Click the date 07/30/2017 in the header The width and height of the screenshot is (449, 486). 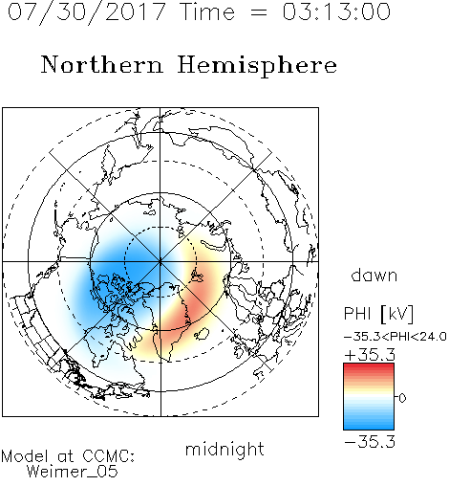(x=87, y=12)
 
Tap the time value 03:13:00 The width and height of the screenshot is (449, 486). (x=336, y=11)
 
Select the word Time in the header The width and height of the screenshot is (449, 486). (x=207, y=11)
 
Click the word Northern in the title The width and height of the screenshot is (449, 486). (x=102, y=64)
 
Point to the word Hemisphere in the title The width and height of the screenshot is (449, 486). (x=257, y=66)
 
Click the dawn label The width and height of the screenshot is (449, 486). (x=374, y=275)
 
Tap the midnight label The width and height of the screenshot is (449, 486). (x=224, y=449)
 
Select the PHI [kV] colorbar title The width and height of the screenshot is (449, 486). (x=378, y=314)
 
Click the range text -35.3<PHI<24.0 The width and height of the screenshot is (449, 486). (x=396, y=337)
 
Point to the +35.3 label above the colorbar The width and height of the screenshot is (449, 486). (x=370, y=355)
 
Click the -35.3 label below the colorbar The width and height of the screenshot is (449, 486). (x=370, y=442)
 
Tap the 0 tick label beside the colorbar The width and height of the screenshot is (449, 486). (x=402, y=398)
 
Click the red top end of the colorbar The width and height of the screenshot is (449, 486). (x=369, y=365)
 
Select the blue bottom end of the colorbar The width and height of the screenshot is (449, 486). (x=369, y=427)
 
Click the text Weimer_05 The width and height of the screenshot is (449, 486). (x=73, y=472)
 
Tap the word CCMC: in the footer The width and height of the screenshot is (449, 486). (x=109, y=456)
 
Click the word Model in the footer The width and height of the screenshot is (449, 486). (x=25, y=456)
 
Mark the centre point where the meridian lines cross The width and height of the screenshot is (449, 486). (x=160, y=262)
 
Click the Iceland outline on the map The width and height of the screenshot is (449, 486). (x=202, y=333)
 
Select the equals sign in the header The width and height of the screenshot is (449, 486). (x=259, y=12)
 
